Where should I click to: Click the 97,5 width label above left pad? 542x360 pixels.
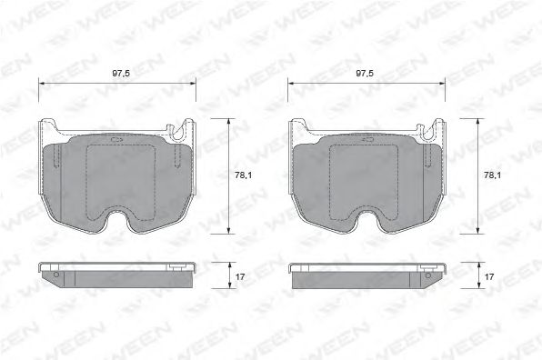pyautogui.click(x=121, y=74)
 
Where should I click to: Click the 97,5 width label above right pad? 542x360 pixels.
pyautogui.click(x=365, y=74)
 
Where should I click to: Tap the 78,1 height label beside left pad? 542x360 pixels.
pyautogui.click(x=244, y=175)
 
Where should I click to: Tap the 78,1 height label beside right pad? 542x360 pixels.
pyautogui.click(x=493, y=175)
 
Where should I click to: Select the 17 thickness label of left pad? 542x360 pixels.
pyautogui.click(x=240, y=276)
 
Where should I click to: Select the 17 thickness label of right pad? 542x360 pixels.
pyautogui.click(x=489, y=276)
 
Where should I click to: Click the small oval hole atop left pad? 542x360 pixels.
pyautogui.click(x=115, y=140)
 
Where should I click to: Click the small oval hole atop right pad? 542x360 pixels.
pyautogui.click(x=367, y=140)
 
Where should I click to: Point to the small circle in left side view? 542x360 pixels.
pyautogui.click(x=56, y=275)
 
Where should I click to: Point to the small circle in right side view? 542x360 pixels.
pyautogui.click(x=428, y=275)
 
